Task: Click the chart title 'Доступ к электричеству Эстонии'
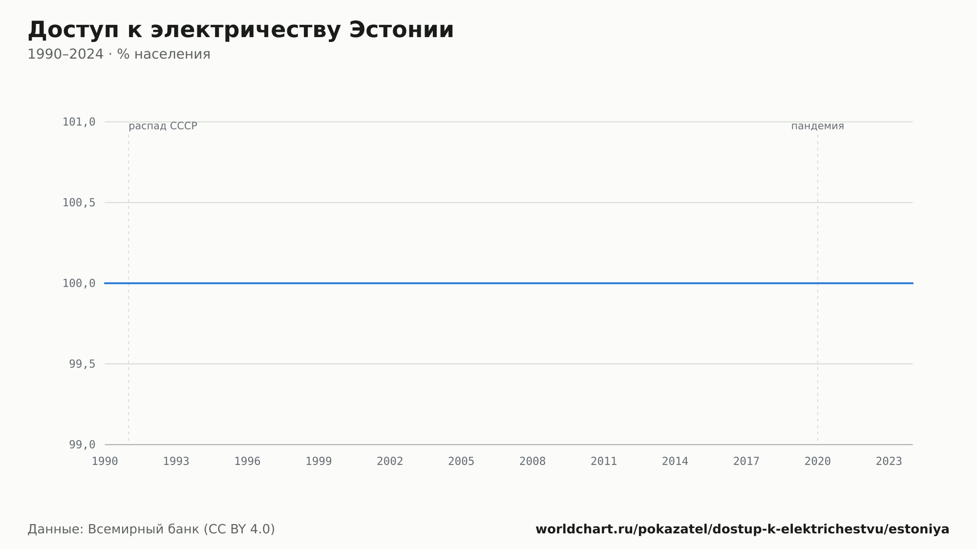click(241, 30)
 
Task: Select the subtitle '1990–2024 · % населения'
click(119, 54)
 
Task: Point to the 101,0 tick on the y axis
click(79, 122)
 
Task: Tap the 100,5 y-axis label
click(79, 203)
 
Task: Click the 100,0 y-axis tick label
click(79, 283)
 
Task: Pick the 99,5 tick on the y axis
click(82, 364)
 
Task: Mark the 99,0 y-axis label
click(82, 444)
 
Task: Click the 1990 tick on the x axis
click(105, 462)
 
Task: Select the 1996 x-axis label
click(248, 462)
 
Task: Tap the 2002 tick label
click(390, 462)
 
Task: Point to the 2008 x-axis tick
click(532, 462)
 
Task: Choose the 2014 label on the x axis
click(675, 462)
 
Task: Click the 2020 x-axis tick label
click(818, 462)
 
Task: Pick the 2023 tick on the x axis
click(889, 462)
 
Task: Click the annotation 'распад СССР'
click(163, 127)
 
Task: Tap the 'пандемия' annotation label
click(818, 127)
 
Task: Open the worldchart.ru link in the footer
click(743, 529)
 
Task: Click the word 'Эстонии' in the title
click(402, 30)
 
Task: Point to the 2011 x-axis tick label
click(604, 462)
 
